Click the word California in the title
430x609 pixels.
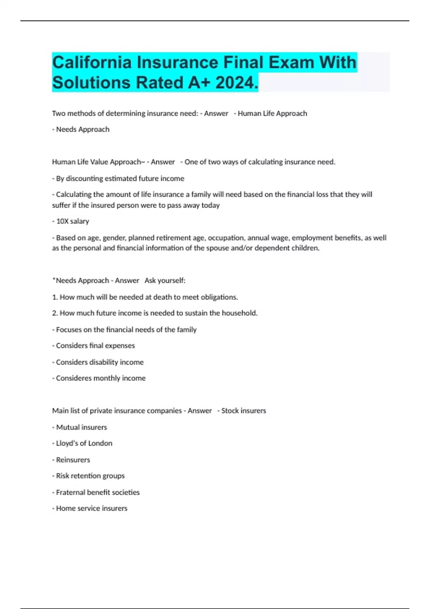pos(92,62)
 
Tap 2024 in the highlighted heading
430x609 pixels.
pos(236,83)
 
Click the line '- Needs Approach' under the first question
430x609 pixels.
pos(81,129)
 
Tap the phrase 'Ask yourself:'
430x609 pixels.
pos(165,280)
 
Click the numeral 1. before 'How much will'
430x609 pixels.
pos(55,297)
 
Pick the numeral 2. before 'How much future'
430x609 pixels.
pos(55,313)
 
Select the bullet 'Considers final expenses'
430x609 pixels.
pos(94,346)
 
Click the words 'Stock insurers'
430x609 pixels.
pos(243,411)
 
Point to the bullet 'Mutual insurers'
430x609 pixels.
pos(80,427)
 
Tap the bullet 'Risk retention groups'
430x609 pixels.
pos(89,476)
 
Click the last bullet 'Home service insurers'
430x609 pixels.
pos(90,508)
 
